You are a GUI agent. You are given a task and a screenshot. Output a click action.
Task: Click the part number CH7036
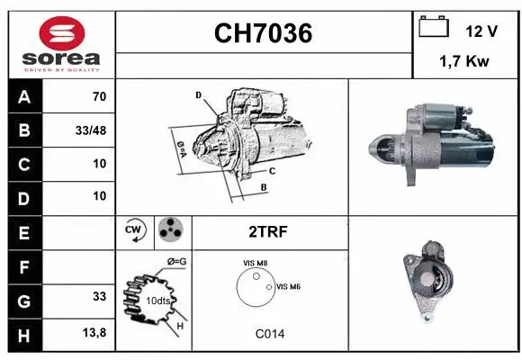pyautogui.click(x=263, y=33)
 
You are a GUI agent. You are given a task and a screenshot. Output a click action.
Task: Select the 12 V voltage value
pyautogui.click(x=481, y=31)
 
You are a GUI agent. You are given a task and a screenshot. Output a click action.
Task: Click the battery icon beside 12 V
pyautogui.click(x=434, y=28)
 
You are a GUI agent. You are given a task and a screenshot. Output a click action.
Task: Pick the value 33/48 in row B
pyautogui.click(x=91, y=130)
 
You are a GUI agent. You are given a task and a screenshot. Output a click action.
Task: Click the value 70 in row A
pyautogui.click(x=99, y=96)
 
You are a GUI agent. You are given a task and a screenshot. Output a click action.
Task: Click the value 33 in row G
pyautogui.click(x=99, y=295)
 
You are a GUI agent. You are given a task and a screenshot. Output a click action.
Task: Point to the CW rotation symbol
pyautogui.click(x=134, y=231)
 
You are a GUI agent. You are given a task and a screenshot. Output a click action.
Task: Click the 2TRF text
pyautogui.click(x=267, y=231)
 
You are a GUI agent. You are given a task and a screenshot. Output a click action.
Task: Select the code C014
pyautogui.click(x=269, y=334)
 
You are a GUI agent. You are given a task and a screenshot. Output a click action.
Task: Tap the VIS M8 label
pyautogui.click(x=255, y=263)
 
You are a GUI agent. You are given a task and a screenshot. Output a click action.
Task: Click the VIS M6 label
pyautogui.click(x=288, y=287)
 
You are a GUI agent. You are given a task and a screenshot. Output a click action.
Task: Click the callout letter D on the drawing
pyautogui.click(x=198, y=94)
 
